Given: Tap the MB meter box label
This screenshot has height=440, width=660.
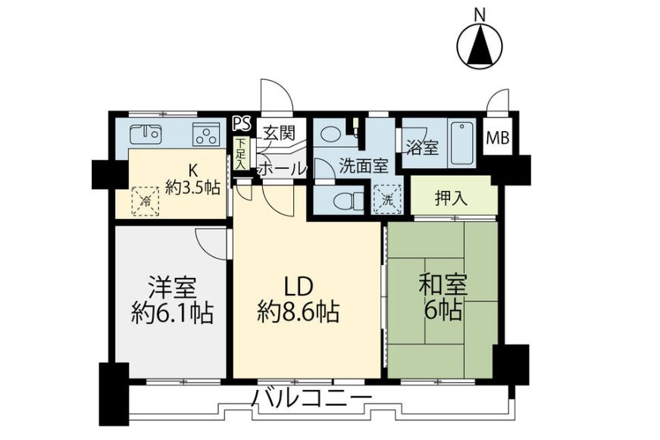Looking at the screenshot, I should [497, 139].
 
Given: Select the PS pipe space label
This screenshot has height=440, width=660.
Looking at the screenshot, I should [241, 123].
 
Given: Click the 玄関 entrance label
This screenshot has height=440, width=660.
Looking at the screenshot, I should [278, 134].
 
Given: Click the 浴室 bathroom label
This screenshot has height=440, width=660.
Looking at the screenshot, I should [422, 147].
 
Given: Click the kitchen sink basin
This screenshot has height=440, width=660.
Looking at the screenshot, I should [146, 135].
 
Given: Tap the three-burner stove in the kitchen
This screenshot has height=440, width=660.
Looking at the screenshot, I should [205, 136].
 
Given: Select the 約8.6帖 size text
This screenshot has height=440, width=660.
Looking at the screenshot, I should [298, 310].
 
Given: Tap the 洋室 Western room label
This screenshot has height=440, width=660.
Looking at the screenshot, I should [172, 288].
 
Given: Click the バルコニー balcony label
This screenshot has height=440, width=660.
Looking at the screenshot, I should [312, 398].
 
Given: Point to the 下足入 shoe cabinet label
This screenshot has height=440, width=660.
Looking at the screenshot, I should [240, 154].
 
